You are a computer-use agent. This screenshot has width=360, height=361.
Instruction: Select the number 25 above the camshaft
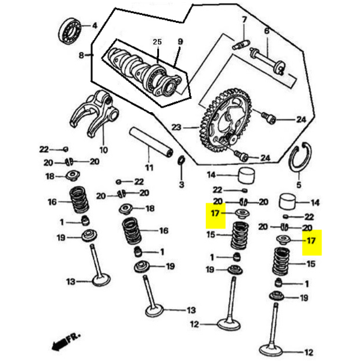(157, 42)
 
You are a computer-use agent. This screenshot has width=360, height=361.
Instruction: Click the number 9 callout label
(179, 42)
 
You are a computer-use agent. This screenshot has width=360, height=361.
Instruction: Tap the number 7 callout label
(244, 20)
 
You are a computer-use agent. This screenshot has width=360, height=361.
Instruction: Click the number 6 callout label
(267, 31)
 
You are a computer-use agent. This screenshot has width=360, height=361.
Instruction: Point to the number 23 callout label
(176, 127)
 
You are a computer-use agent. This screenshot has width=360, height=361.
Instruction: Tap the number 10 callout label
(103, 149)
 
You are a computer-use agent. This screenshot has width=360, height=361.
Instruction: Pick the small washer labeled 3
(181, 162)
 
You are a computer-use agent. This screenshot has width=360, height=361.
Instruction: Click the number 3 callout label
(181, 184)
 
